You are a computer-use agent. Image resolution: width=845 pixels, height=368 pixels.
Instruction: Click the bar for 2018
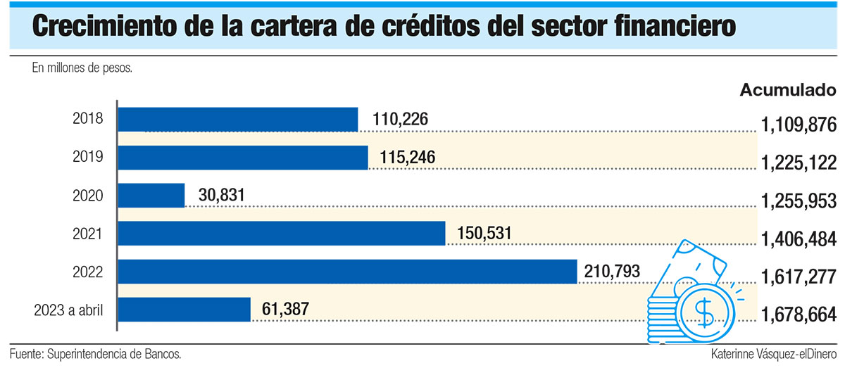238,120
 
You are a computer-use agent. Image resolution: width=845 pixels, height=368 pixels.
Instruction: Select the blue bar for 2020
151,196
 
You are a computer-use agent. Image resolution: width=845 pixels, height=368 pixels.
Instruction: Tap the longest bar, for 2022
347,272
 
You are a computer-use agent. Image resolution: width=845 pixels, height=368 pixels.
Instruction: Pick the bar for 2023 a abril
184,310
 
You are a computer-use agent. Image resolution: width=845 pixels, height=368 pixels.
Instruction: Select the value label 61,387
285,309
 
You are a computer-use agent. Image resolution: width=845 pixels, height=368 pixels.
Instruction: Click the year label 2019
89,158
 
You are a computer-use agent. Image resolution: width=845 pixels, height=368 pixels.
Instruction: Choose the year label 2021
89,234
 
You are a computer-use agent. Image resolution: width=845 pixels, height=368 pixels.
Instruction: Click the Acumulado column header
788,90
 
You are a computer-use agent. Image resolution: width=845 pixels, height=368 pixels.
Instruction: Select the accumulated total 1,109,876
799,125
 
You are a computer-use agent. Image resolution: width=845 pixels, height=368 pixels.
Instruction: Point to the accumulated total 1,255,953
799,201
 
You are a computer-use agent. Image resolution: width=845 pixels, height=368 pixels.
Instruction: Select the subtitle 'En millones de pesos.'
82,68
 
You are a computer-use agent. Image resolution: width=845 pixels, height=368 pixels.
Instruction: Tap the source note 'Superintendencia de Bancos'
119,354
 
